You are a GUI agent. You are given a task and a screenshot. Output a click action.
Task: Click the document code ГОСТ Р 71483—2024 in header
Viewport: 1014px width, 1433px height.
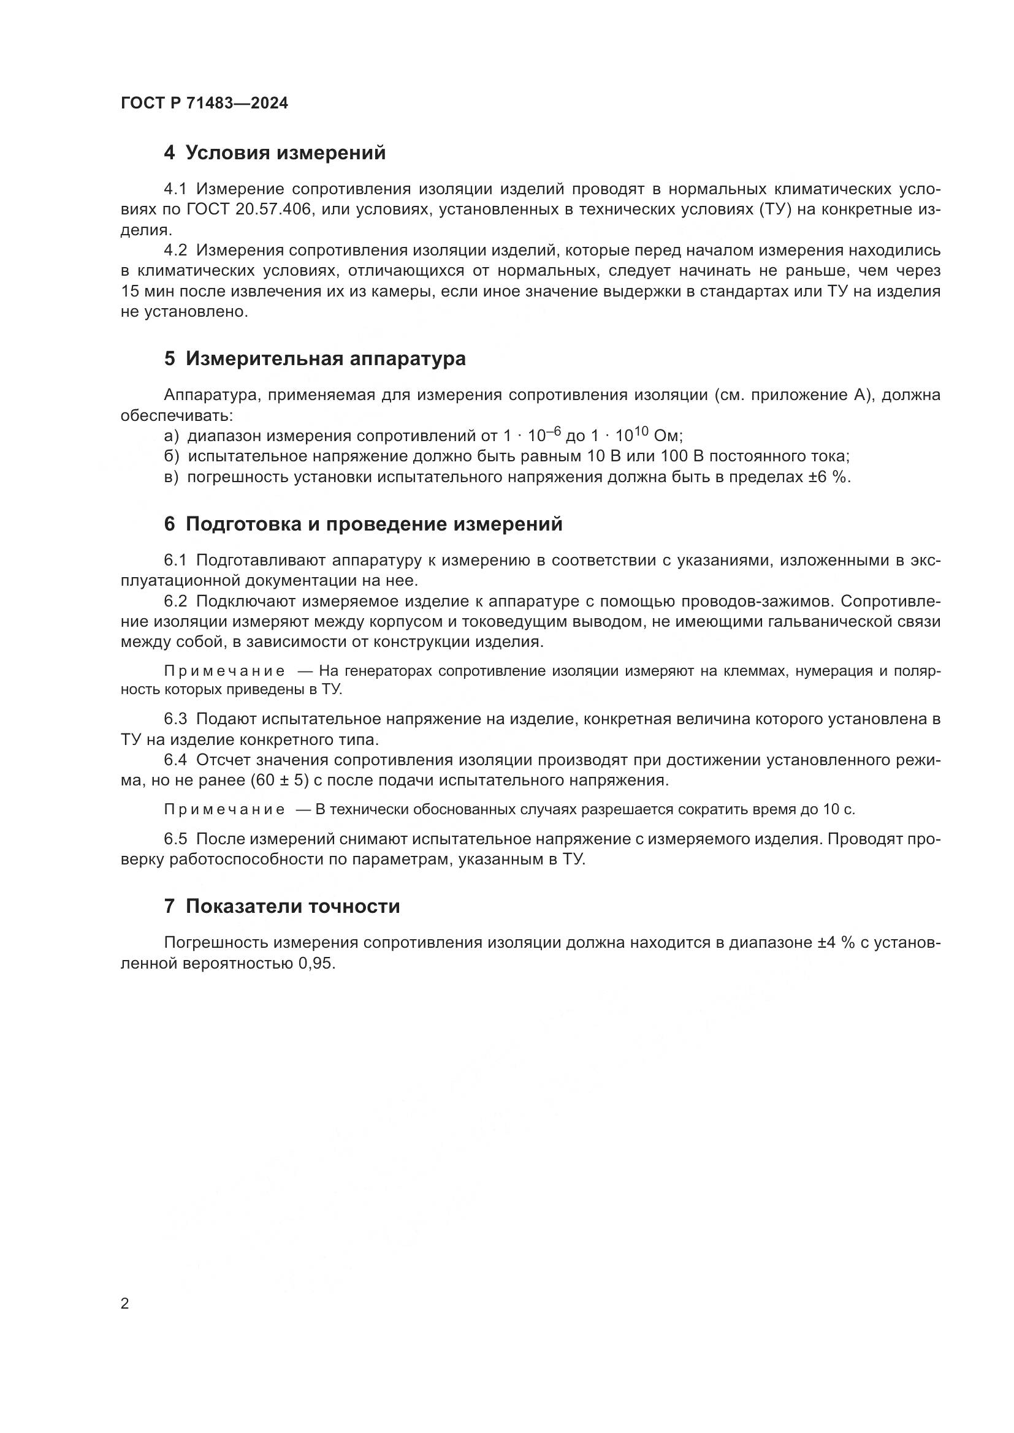pyautogui.click(x=204, y=104)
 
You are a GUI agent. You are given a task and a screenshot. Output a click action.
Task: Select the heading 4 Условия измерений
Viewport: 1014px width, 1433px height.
pyautogui.click(x=275, y=153)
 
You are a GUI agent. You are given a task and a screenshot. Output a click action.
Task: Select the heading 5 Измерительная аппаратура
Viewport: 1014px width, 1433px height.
pyautogui.click(x=314, y=359)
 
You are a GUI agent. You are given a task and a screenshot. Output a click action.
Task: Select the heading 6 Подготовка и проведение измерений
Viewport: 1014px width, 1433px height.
pyautogui.click(x=364, y=524)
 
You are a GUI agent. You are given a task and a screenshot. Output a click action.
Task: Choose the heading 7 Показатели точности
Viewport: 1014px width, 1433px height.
pyautogui.click(x=281, y=906)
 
